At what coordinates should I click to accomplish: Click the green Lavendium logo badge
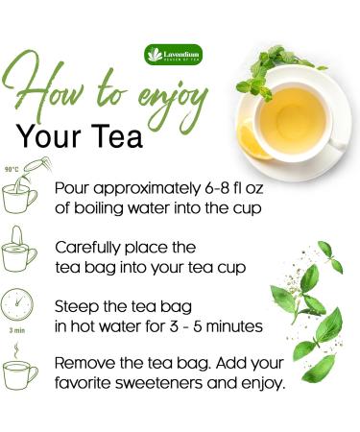tap(174, 55)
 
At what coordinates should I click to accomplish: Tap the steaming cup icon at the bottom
tap(19, 372)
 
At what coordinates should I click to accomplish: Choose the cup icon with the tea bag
tap(19, 252)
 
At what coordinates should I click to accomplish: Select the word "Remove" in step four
tap(87, 364)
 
